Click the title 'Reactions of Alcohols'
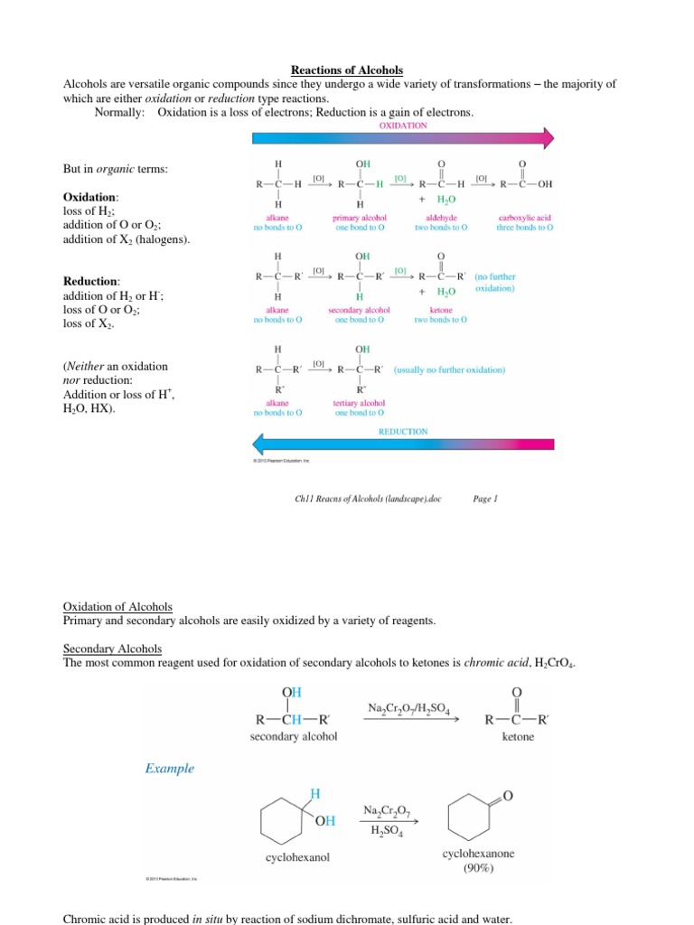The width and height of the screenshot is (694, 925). pos(346,70)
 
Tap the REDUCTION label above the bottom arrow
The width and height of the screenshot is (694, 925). pos(403,432)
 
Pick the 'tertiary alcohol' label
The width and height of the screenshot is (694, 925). pos(360,403)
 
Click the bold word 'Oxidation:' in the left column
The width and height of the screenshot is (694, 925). pos(90,197)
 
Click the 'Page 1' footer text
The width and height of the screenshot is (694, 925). pos(485,498)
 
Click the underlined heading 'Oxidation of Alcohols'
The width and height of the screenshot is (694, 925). pos(117,606)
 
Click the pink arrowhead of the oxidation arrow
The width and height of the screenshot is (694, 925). pos(547,137)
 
